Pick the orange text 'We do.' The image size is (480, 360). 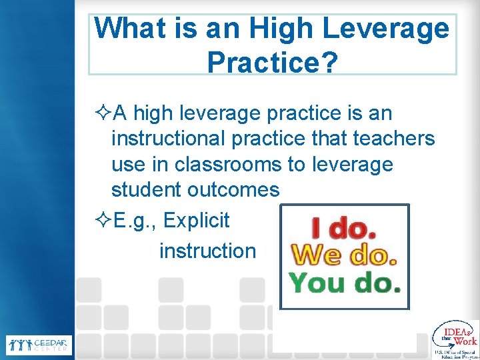click(345, 256)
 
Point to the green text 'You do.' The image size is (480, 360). click(345, 283)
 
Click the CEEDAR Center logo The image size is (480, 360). click(38, 345)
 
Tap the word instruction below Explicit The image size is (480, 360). click(207, 251)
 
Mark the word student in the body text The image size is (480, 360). click(145, 190)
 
